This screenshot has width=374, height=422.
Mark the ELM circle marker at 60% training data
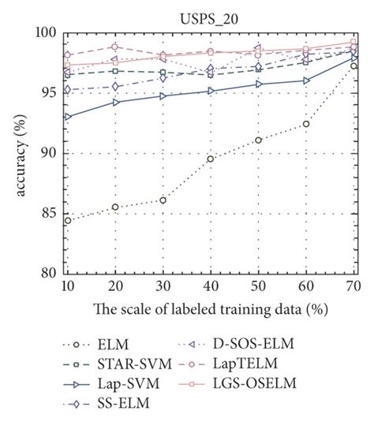[305, 124]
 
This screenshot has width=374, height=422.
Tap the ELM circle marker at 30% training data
[163, 200]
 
